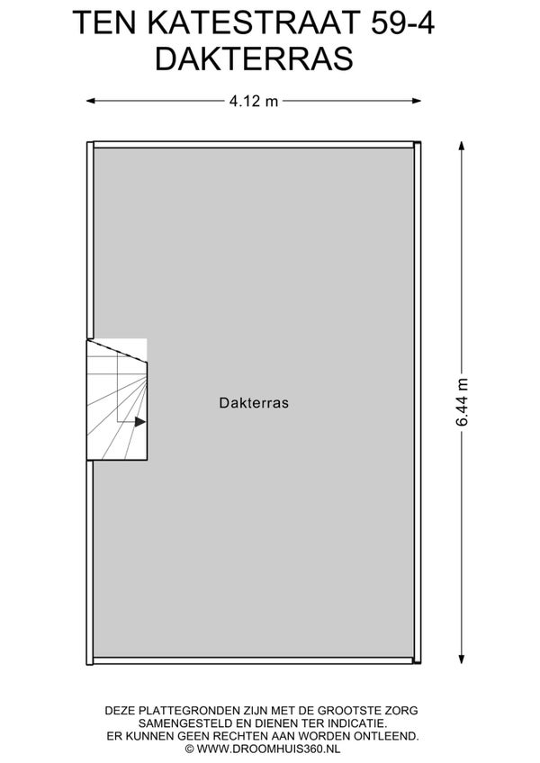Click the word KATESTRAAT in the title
pyautogui.click(x=253, y=22)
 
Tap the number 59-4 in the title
pyautogui.click(x=402, y=22)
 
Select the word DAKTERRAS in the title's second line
pyautogui.click(x=254, y=58)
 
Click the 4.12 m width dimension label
pyautogui.click(x=253, y=101)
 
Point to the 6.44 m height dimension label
pyautogui.click(x=462, y=402)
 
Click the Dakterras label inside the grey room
pyautogui.click(x=254, y=403)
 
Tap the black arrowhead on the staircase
pyautogui.click(x=140, y=422)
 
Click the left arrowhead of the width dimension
pyautogui.click(x=91, y=101)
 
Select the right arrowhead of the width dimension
pyautogui.click(x=417, y=101)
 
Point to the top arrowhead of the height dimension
pyautogui.click(x=462, y=146)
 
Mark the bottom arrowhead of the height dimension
pyautogui.click(x=462, y=659)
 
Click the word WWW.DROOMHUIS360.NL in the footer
pyautogui.click(x=268, y=749)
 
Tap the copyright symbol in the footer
pyautogui.click(x=189, y=749)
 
